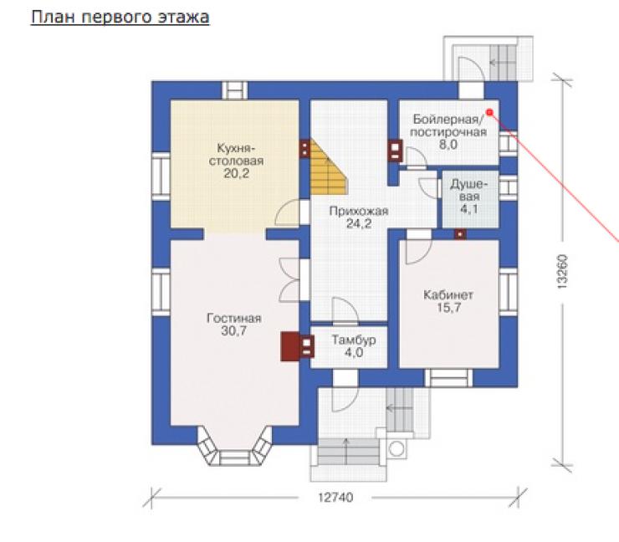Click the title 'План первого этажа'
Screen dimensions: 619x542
[x=120, y=18]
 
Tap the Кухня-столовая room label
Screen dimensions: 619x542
[x=236, y=155]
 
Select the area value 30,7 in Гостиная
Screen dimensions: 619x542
[x=233, y=331]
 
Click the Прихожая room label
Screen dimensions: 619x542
[x=359, y=212]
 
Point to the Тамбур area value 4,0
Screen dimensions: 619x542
[x=354, y=352]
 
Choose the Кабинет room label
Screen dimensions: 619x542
[x=448, y=295]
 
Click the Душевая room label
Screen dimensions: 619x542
[x=469, y=190]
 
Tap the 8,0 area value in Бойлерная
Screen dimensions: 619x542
[x=448, y=145]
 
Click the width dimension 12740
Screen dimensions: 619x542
[x=335, y=498]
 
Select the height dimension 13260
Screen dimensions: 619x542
[x=563, y=271]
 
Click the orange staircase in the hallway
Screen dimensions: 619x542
[x=329, y=167]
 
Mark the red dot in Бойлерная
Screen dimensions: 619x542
[x=489, y=113]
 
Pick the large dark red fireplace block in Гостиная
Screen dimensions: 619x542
[x=290, y=346]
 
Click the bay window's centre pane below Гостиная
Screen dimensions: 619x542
[x=234, y=458]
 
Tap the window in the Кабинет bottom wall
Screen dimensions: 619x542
[x=448, y=378]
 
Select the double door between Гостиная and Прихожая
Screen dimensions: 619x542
[x=290, y=280]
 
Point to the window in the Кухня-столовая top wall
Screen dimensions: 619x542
[x=234, y=90]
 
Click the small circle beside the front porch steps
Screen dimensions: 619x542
[x=396, y=449]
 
